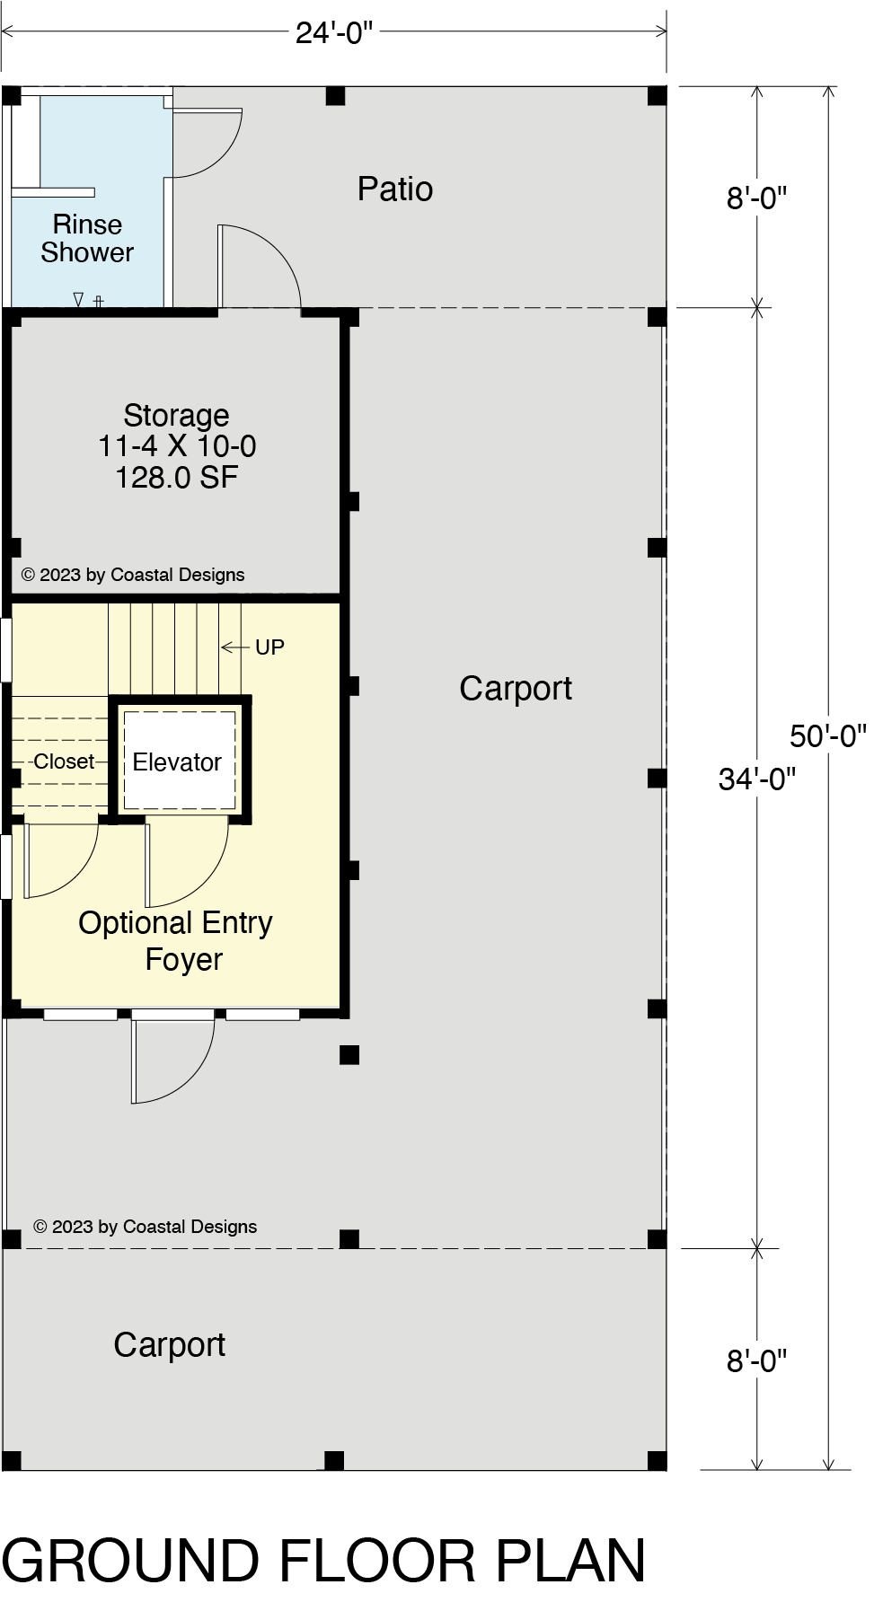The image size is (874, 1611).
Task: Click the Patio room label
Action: (x=394, y=189)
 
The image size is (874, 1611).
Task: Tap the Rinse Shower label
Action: (x=87, y=238)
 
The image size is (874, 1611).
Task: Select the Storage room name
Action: (x=176, y=415)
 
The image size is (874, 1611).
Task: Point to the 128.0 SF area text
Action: (x=176, y=477)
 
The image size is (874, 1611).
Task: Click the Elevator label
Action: (x=177, y=762)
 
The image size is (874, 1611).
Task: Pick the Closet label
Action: (x=64, y=761)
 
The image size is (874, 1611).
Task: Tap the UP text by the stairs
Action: (x=269, y=647)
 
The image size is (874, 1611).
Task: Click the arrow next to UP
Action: (x=235, y=647)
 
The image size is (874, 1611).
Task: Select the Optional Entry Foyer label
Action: (x=176, y=941)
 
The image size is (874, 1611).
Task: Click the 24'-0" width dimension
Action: (x=334, y=33)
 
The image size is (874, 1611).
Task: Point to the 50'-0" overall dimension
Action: (x=828, y=736)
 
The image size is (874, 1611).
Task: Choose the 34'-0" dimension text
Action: (x=757, y=779)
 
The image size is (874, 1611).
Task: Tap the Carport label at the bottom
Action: (x=169, y=1345)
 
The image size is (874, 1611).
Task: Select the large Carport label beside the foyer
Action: (x=516, y=689)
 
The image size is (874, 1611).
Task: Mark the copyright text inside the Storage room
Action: (x=133, y=575)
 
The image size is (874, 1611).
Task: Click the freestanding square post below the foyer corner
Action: (x=349, y=1055)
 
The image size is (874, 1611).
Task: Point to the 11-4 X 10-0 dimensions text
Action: (x=177, y=446)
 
